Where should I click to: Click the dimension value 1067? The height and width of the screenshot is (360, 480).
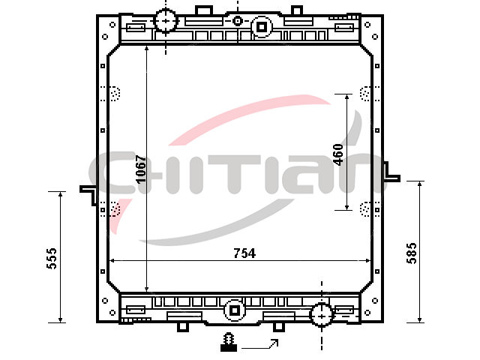point(141,169)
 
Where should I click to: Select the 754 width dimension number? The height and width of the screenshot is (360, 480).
point(244,253)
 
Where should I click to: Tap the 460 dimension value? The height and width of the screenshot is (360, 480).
point(338,154)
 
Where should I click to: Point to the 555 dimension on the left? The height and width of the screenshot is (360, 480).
point(52,259)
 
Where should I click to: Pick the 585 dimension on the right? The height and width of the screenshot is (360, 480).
point(412,253)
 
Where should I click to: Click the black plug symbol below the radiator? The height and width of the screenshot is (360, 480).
point(229,342)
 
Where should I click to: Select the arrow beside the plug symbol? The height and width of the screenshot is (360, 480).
point(260,345)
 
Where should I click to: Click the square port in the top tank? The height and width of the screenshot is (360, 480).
point(262,27)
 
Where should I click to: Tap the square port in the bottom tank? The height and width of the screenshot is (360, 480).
point(235,310)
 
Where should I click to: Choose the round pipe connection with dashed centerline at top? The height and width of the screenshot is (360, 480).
point(166,21)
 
